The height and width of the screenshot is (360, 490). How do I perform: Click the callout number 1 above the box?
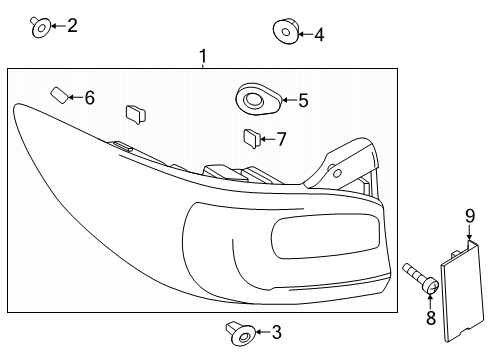[x=203, y=56]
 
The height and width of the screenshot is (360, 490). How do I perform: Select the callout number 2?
[x=72, y=26]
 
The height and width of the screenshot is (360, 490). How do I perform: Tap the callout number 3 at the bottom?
[x=277, y=332]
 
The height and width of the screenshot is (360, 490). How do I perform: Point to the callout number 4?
[x=319, y=35]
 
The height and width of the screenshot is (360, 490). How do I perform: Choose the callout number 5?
[x=303, y=100]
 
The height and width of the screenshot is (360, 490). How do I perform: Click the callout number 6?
[x=90, y=98]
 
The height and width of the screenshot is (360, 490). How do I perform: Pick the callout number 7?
[x=282, y=139]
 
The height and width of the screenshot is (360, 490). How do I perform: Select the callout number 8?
[x=431, y=318]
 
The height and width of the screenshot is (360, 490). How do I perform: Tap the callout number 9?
[x=470, y=216]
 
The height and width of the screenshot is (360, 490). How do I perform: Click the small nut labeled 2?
[x=41, y=27]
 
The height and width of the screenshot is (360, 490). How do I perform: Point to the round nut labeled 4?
[x=285, y=31]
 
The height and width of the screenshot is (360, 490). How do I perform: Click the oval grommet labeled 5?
[x=258, y=98]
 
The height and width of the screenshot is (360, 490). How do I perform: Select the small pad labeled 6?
[x=60, y=95]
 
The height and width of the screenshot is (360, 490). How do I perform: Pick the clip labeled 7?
[x=252, y=139]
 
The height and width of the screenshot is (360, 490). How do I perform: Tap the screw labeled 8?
[x=421, y=278]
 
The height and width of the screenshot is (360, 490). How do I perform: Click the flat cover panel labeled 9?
[x=462, y=292]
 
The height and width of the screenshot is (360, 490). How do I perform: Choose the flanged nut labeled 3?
[x=240, y=334]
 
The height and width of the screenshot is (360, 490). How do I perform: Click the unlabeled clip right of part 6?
[x=135, y=114]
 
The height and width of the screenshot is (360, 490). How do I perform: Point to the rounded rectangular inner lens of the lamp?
[x=325, y=236]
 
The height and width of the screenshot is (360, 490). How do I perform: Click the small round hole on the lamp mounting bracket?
[x=337, y=173]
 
